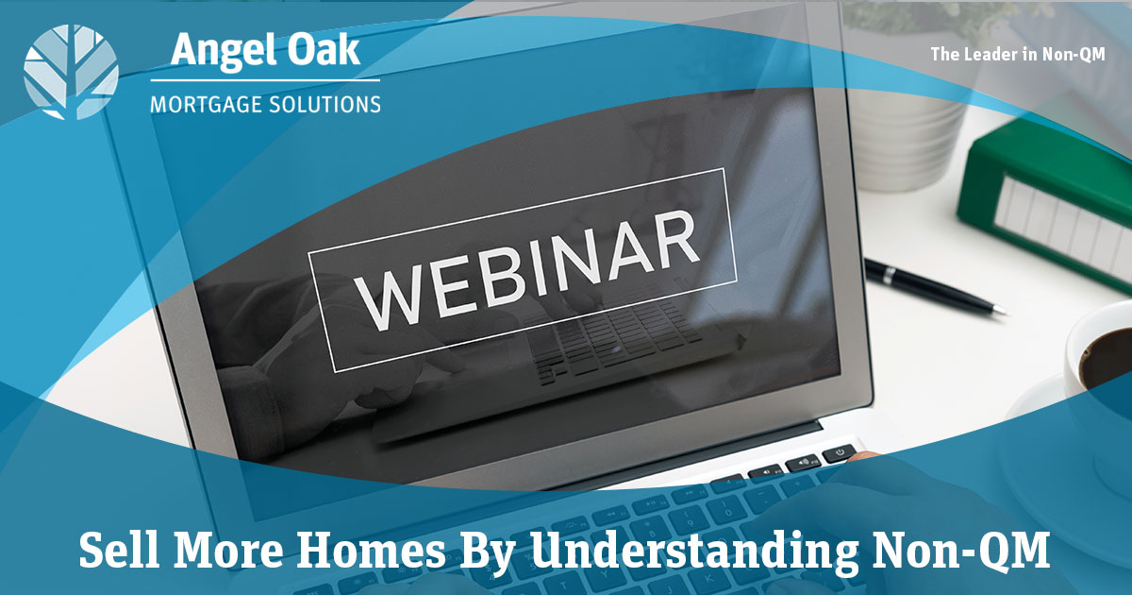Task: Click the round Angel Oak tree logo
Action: pos(71,72)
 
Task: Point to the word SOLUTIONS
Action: pos(325,104)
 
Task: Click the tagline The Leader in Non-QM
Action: pos(1018,54)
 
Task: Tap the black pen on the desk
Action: pos(935,286)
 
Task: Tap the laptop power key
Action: pos(840,451)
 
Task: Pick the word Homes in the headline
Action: pos(371,550)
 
